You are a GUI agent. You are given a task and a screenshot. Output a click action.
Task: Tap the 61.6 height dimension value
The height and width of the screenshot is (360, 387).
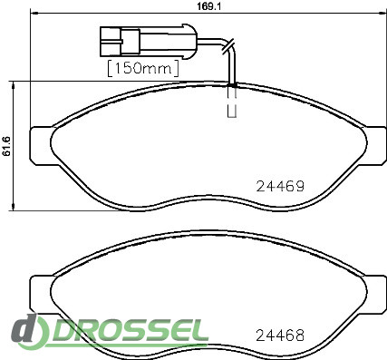click(x=6, y=146)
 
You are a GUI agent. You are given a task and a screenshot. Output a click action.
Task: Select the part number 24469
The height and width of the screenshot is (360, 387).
click(x=280, y=187)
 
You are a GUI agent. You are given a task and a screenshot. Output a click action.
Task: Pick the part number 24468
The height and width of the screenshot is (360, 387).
click(x=280, y=336)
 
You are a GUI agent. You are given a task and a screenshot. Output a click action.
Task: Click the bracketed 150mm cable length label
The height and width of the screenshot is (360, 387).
click(x=143, y=68)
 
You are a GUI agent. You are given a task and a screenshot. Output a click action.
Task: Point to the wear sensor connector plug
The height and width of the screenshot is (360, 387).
click(x=149, y=41)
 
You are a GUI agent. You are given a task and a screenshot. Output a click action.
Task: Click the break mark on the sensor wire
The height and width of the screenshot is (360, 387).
click(x=228, y=46)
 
